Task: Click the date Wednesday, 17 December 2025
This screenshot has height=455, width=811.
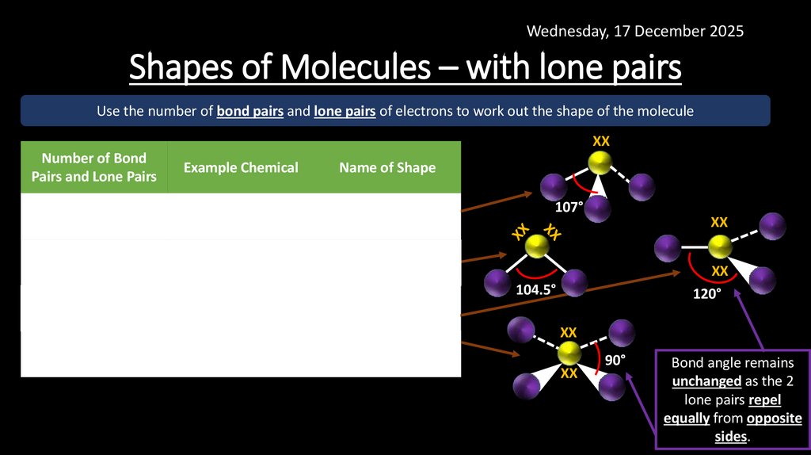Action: click(635, 32)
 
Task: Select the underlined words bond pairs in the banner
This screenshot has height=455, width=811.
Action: click(249, 112)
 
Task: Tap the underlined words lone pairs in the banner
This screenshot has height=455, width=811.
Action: click(345, 112)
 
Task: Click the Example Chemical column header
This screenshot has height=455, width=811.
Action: click(241, 167)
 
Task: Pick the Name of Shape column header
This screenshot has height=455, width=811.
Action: click(387, 167)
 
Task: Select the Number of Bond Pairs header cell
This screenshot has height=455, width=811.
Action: click(94, 167)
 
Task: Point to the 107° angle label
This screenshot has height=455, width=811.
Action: click(569, 206)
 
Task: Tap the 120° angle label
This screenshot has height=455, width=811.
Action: click(708, 294)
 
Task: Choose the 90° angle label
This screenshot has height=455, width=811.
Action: click(615, 361)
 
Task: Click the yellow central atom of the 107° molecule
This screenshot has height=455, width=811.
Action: click(600, 164)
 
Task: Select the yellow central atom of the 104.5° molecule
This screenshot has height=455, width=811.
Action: click(537, 247)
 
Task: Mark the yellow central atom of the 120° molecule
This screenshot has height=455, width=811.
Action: click(719, 247)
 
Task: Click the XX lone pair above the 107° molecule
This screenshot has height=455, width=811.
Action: click(601, 141)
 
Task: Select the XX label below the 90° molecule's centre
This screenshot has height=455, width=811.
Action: click(569, 373)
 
